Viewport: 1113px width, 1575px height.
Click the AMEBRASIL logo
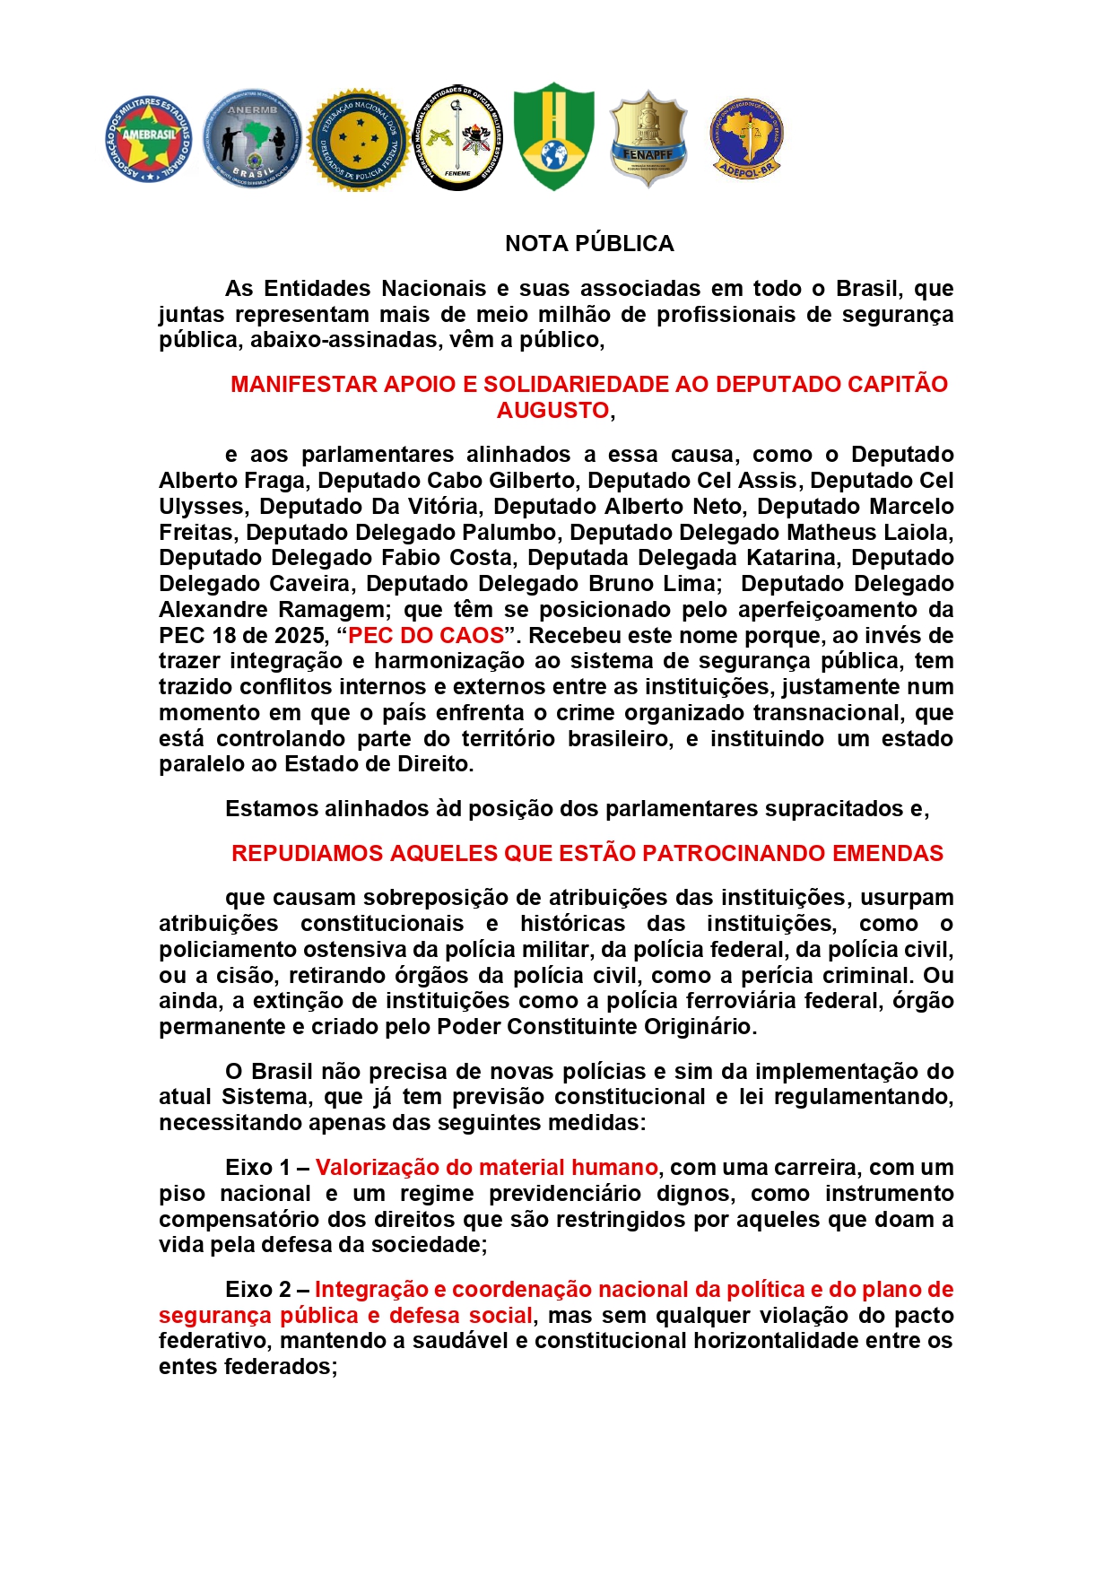149,139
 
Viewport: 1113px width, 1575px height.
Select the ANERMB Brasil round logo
252,139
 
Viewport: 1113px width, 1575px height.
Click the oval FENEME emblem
457,137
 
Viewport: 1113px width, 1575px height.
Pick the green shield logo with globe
553,136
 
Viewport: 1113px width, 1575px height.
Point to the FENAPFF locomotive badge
648,139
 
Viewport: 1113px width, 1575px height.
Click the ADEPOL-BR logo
746,138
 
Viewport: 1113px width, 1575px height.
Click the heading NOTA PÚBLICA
589,243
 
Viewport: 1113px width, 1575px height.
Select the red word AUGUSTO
553,410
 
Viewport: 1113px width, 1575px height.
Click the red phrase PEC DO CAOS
426,635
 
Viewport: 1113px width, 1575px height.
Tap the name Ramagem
331,609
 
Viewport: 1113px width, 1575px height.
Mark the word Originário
700,1026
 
